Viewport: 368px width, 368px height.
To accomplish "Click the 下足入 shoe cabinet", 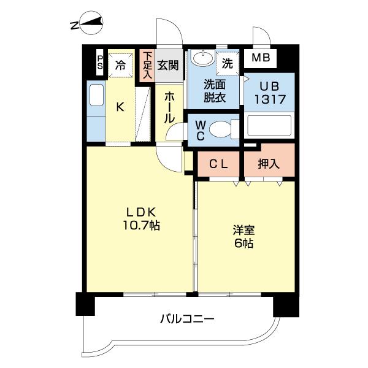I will tap(147, 65).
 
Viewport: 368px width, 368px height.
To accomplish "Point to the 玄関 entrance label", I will tap(167, 64).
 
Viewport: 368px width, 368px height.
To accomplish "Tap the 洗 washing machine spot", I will tap(228, 63).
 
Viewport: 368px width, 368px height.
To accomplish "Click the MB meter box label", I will tap(261, 60).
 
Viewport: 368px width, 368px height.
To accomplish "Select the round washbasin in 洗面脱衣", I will tap(201, 59).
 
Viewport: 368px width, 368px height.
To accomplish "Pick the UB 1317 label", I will tap(269, 92).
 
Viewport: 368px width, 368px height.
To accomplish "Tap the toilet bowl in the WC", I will tap(220, 129).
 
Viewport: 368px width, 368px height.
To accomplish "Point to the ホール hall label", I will tap(171, 107).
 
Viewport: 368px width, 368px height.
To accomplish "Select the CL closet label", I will tap(220, 164).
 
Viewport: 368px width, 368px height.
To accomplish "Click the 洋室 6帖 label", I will tap(243, 236).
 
